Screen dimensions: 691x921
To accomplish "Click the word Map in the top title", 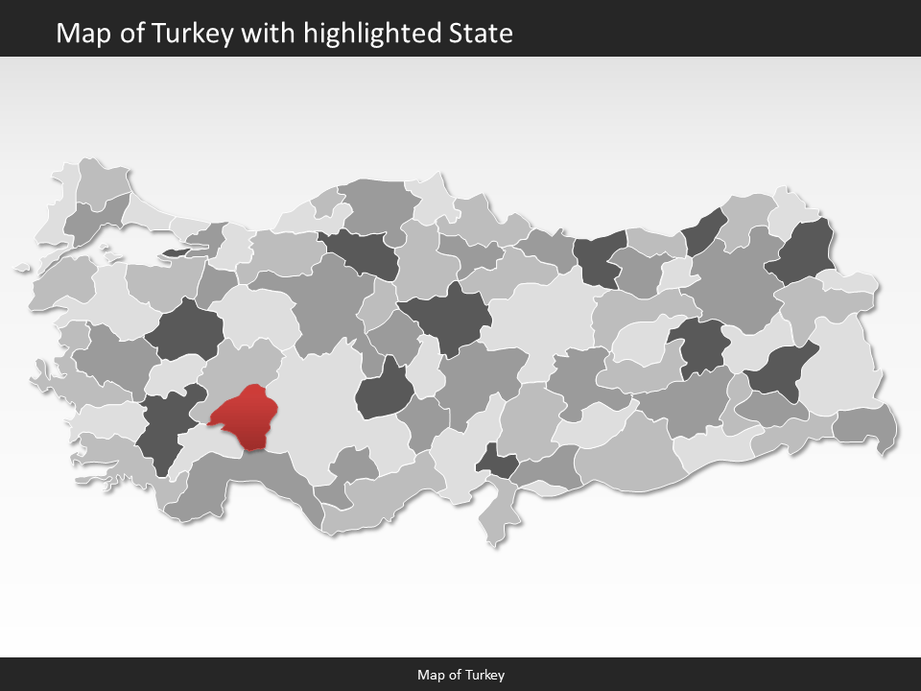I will [x=80, y=34].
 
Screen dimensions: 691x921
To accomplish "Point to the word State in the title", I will [x=481, y=34].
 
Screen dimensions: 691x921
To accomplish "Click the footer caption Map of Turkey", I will [x=460, y=675].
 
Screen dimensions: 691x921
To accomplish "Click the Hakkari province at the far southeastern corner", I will [x=866, y=426].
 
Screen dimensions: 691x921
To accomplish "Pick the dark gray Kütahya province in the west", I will [x=184, y=331].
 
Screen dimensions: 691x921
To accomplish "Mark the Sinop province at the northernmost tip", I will [x=435, y=197].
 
